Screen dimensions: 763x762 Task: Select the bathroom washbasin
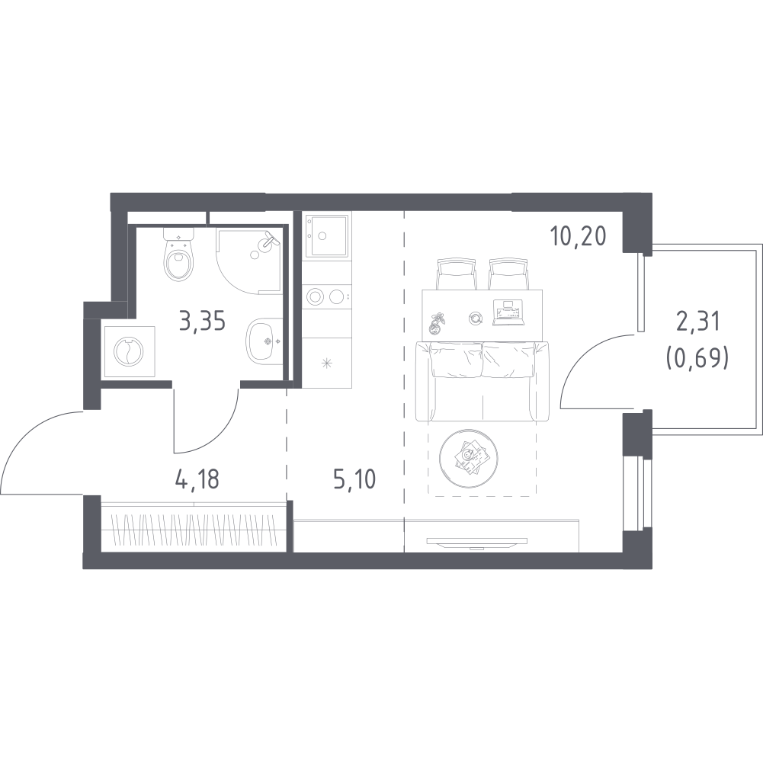264,341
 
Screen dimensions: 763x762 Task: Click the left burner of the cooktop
315,296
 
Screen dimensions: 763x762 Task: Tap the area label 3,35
203,322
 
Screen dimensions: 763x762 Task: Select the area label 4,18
197,479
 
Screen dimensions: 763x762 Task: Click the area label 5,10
354,479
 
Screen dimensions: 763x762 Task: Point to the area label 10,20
578,236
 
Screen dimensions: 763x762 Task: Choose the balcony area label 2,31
697,322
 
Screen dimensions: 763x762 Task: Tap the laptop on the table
508,312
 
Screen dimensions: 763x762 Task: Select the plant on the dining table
437,322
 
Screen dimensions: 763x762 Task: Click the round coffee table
468,459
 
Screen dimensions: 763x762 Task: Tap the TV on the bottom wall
477,542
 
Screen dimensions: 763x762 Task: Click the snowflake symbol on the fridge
326,363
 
